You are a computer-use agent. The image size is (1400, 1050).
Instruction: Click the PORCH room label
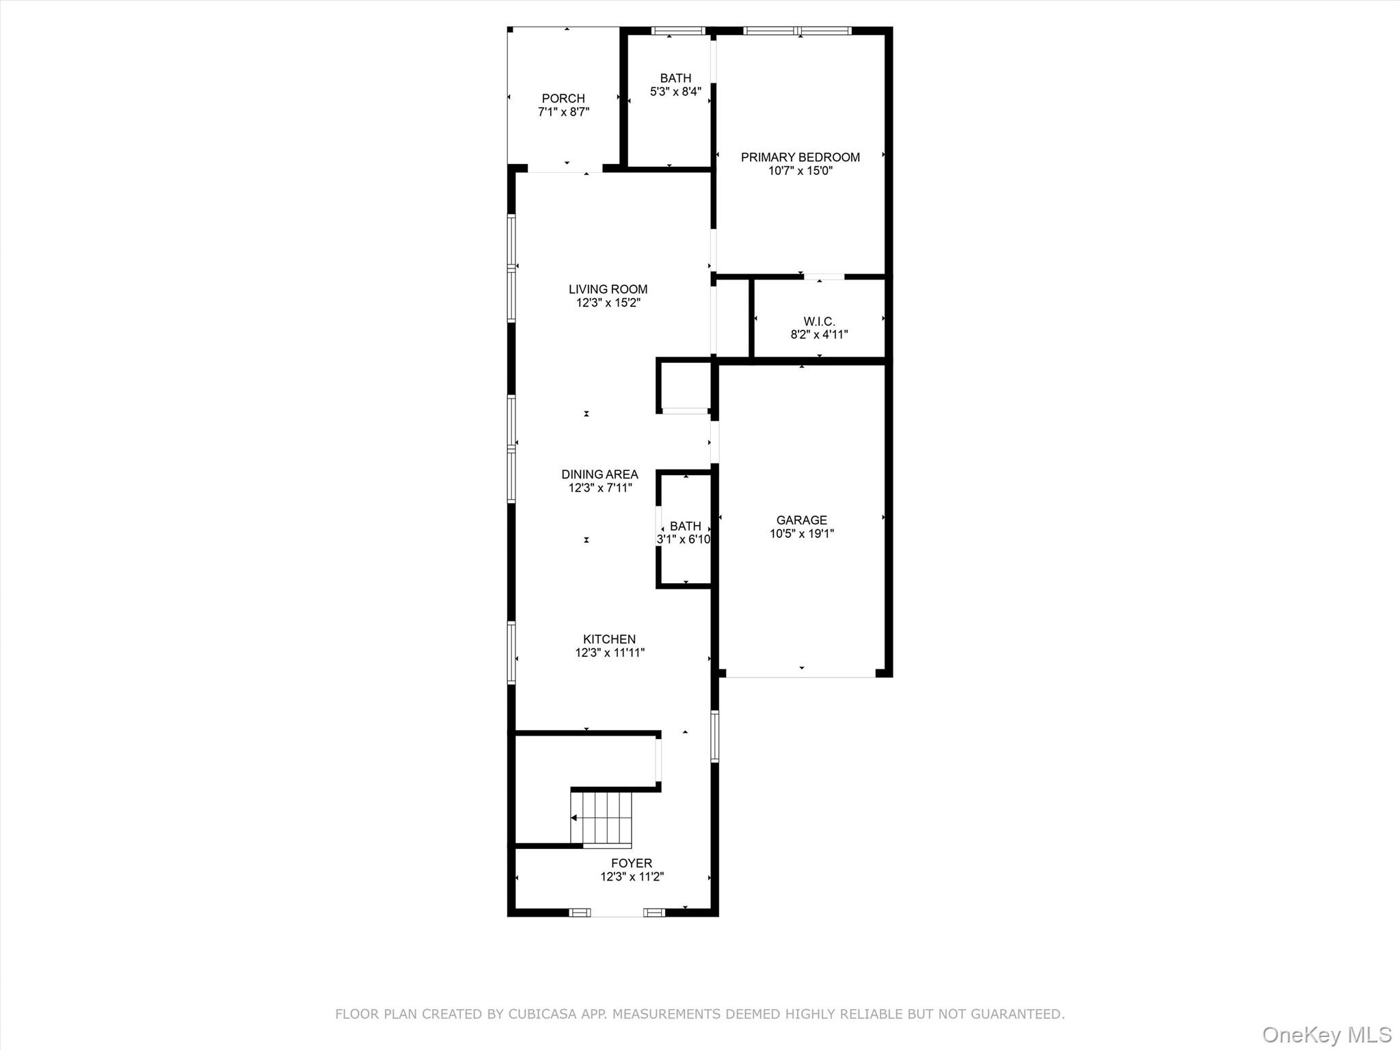pyautogui.click(x=563, y=98)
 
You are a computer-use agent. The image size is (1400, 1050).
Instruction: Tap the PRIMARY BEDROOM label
pyautogui.click(x=800, y=157)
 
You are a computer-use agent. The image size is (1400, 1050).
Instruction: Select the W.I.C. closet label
pyautogui.click(x=819, y=321)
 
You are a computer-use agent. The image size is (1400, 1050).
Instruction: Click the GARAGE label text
pyautogui.click(x=801, y=520)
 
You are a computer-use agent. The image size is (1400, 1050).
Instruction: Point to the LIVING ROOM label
pyautogui.click(x=608, y=289)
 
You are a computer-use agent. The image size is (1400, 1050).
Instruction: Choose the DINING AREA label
pyautogui.click(x=600, y=474)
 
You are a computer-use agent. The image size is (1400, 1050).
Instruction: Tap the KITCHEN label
pyautogui.click(x=609, y=639)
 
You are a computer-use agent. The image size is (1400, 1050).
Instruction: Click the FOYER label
pyautogui.click(x=631, y=863)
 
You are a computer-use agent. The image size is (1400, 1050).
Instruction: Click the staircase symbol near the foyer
pyautogui.click(x=601, y=818)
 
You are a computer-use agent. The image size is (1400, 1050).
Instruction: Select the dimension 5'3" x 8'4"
pyautogui.click(x=675, y=92)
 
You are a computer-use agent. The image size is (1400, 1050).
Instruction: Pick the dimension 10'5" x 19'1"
pyautogui.click(x=801, y=534)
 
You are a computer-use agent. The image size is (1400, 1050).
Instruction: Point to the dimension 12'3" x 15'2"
pyautogui.click(x=608, y=303)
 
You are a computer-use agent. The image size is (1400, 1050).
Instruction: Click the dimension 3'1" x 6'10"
pyautogui.click(x=684, y=539)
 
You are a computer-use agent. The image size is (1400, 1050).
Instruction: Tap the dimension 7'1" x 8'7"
pyautogui.click(x=563, y=112)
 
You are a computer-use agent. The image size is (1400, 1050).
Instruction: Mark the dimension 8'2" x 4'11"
pyautogui.click(x=819, y=335)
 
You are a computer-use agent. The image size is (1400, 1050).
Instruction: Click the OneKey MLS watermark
pyautogui.click(x=1326, y=1034)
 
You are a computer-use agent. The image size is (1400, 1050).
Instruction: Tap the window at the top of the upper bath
pyautogui.click(x=677, y=31)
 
